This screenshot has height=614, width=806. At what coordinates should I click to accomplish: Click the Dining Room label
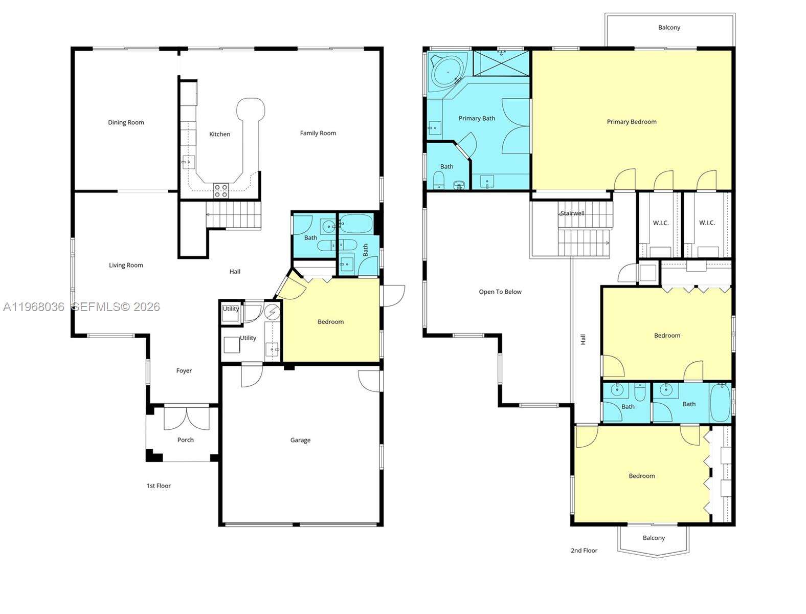click(x=126, y=122)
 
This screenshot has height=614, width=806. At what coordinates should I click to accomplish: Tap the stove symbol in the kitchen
click(x=221, y=191)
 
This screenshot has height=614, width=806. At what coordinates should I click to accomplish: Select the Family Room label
click(x=318, y=133)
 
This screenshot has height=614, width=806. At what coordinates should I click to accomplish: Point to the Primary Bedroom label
click(x=632, y=122)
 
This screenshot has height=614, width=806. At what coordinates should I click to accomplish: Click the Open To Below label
click(x=500, y=292)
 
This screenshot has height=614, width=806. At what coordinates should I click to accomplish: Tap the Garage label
click(x=300, y=440)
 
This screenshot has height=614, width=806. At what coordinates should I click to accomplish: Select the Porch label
click(x=186, y=440)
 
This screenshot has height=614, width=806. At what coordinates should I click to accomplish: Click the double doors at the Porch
click(x=186, y=418)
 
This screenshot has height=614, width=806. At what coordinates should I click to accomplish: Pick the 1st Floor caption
click(x=159, y=486)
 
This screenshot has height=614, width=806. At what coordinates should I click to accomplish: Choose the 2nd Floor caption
click(x=584, y=551)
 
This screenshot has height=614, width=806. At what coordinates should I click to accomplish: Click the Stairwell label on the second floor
click(x=572, y=213)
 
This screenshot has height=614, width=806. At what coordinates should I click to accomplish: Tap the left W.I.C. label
click(x=661, y=223)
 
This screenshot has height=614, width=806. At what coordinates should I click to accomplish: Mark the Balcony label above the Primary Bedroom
click(x=669, y=28)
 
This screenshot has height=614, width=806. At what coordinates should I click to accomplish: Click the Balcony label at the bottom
click(x=654, y=538)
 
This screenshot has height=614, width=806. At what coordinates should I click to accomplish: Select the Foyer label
click(x=184, y=370)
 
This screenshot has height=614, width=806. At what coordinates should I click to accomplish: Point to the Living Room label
click(x=126, y=265)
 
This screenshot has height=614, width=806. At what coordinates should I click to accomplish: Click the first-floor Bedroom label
click(x=330, y=322)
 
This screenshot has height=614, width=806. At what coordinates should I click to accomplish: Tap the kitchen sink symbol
click(x=188, y=162)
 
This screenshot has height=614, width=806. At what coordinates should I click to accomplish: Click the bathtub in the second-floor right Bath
click(x=721, y=403)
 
